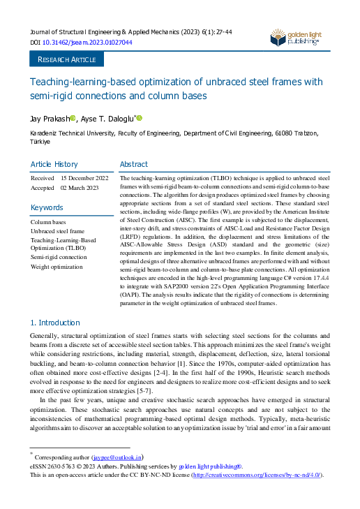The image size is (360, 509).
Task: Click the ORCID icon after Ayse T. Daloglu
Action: coord(139,118)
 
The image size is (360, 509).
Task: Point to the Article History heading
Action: coord(54,164)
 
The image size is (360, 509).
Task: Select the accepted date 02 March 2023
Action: coord(80,188)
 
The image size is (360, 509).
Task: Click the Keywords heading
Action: coord(47,207)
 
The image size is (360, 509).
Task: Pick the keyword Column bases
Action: coord(48,221)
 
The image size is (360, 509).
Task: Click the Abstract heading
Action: coord(134,164)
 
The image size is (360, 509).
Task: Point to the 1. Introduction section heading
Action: coord(55,323)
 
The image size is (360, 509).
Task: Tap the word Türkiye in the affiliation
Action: coord(40,141)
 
